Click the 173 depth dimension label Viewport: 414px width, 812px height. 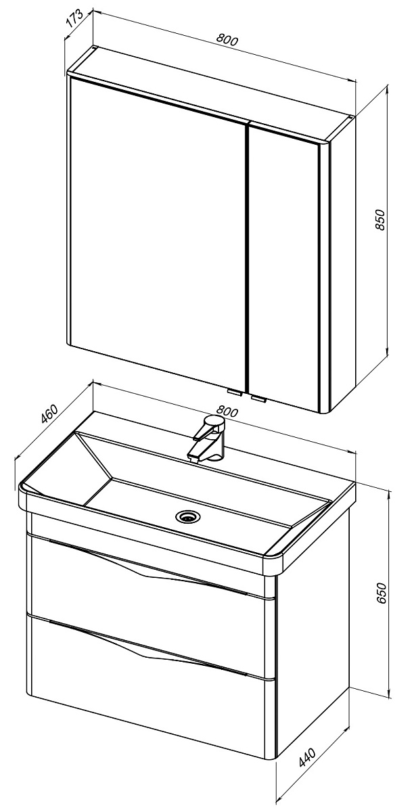pos(75,18)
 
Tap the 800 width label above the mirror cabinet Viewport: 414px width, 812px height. pos(227,39)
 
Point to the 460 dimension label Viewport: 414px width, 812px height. pos(49,413)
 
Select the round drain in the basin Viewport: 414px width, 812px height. pos(187,516)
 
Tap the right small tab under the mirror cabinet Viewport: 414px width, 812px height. pos(259,399)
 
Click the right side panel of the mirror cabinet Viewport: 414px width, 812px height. pos(342,265)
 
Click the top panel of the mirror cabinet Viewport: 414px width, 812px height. pos(210,96)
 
